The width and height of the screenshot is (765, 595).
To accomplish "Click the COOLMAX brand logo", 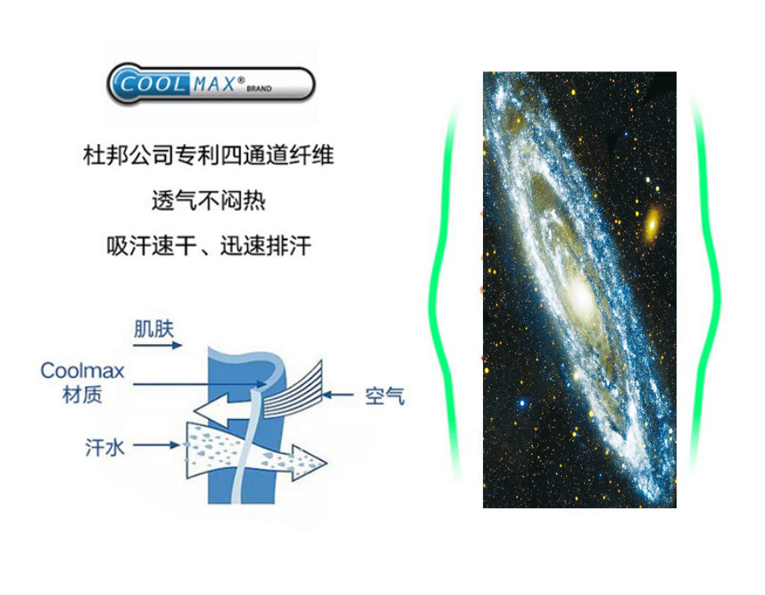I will pos(211,83).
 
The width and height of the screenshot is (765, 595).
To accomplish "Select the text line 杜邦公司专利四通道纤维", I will pos(208,155).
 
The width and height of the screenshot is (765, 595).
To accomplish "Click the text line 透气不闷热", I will pos(208,200).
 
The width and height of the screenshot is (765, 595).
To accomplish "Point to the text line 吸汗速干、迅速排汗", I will pos(208,245).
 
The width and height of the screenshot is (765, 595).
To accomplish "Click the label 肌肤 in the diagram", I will pos(153,328).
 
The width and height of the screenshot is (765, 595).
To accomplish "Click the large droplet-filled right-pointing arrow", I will pos(259,451).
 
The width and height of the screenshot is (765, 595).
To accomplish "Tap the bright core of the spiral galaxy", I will pos(577,296).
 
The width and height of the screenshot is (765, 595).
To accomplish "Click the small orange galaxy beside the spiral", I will pos(653,221).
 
